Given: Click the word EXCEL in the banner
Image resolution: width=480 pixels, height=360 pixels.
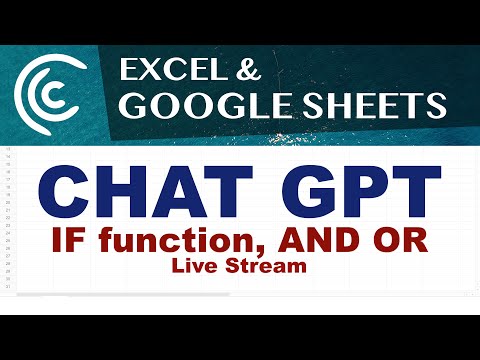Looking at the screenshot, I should (x=165, y=70).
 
